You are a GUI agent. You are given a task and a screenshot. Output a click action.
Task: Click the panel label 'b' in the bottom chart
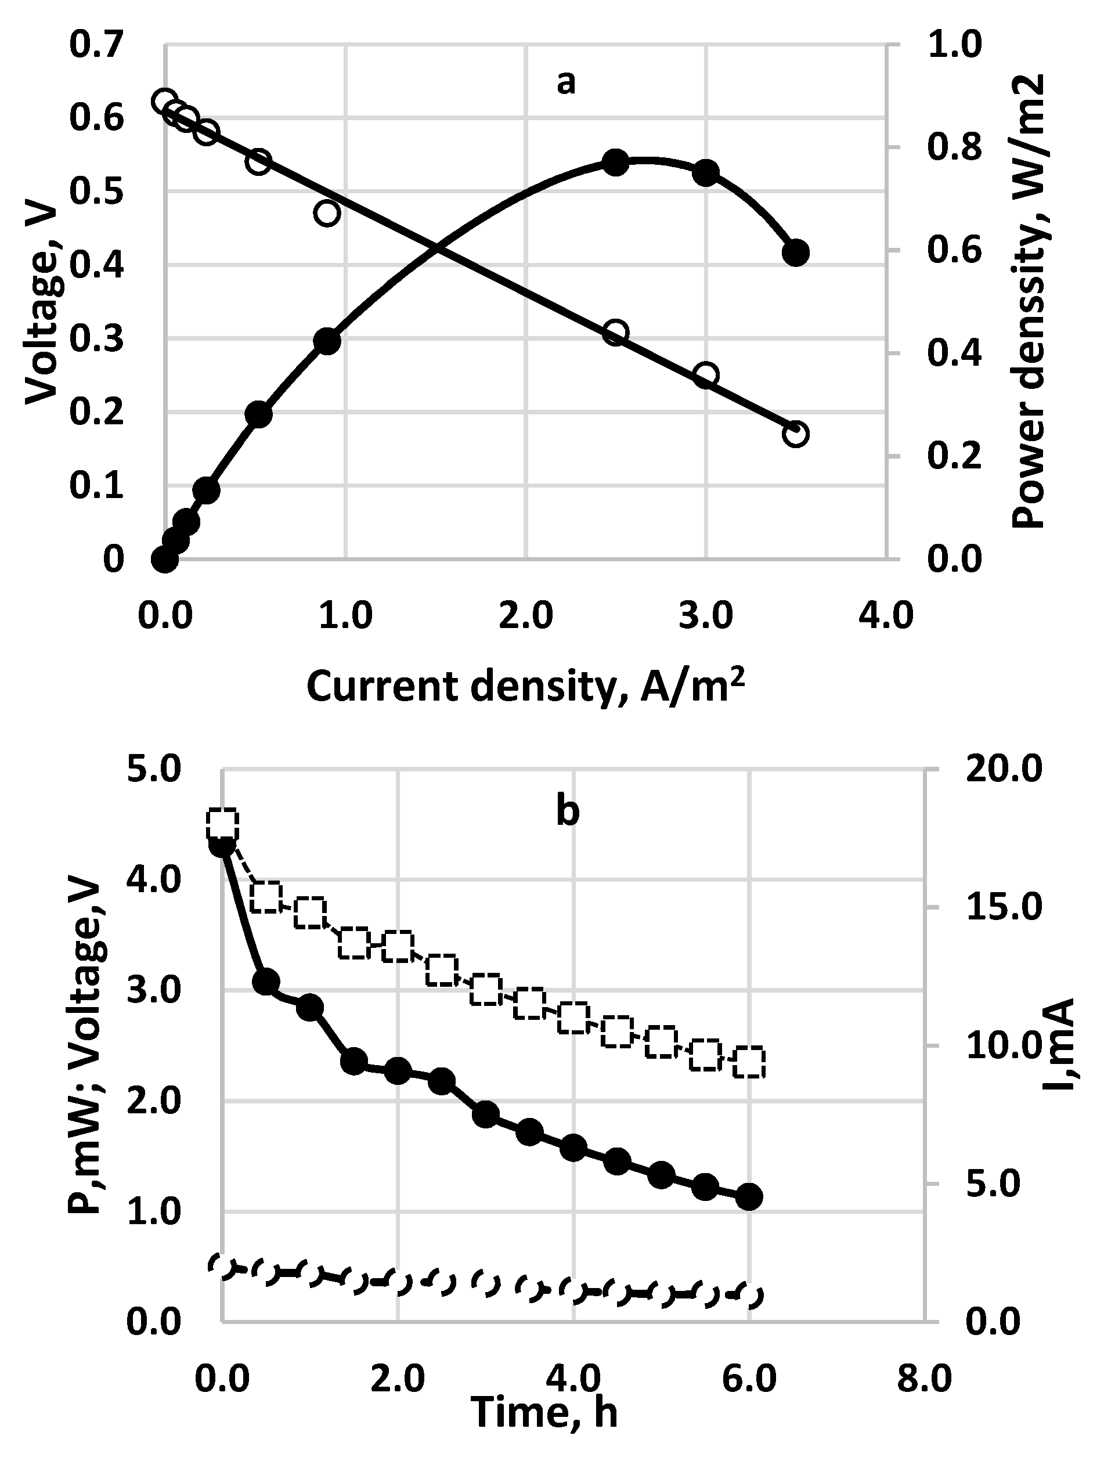567,811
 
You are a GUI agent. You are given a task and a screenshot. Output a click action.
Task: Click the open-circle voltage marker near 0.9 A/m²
327,214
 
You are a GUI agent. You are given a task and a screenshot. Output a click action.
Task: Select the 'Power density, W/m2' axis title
1029,301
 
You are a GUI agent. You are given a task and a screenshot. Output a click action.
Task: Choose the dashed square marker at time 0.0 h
222,824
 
